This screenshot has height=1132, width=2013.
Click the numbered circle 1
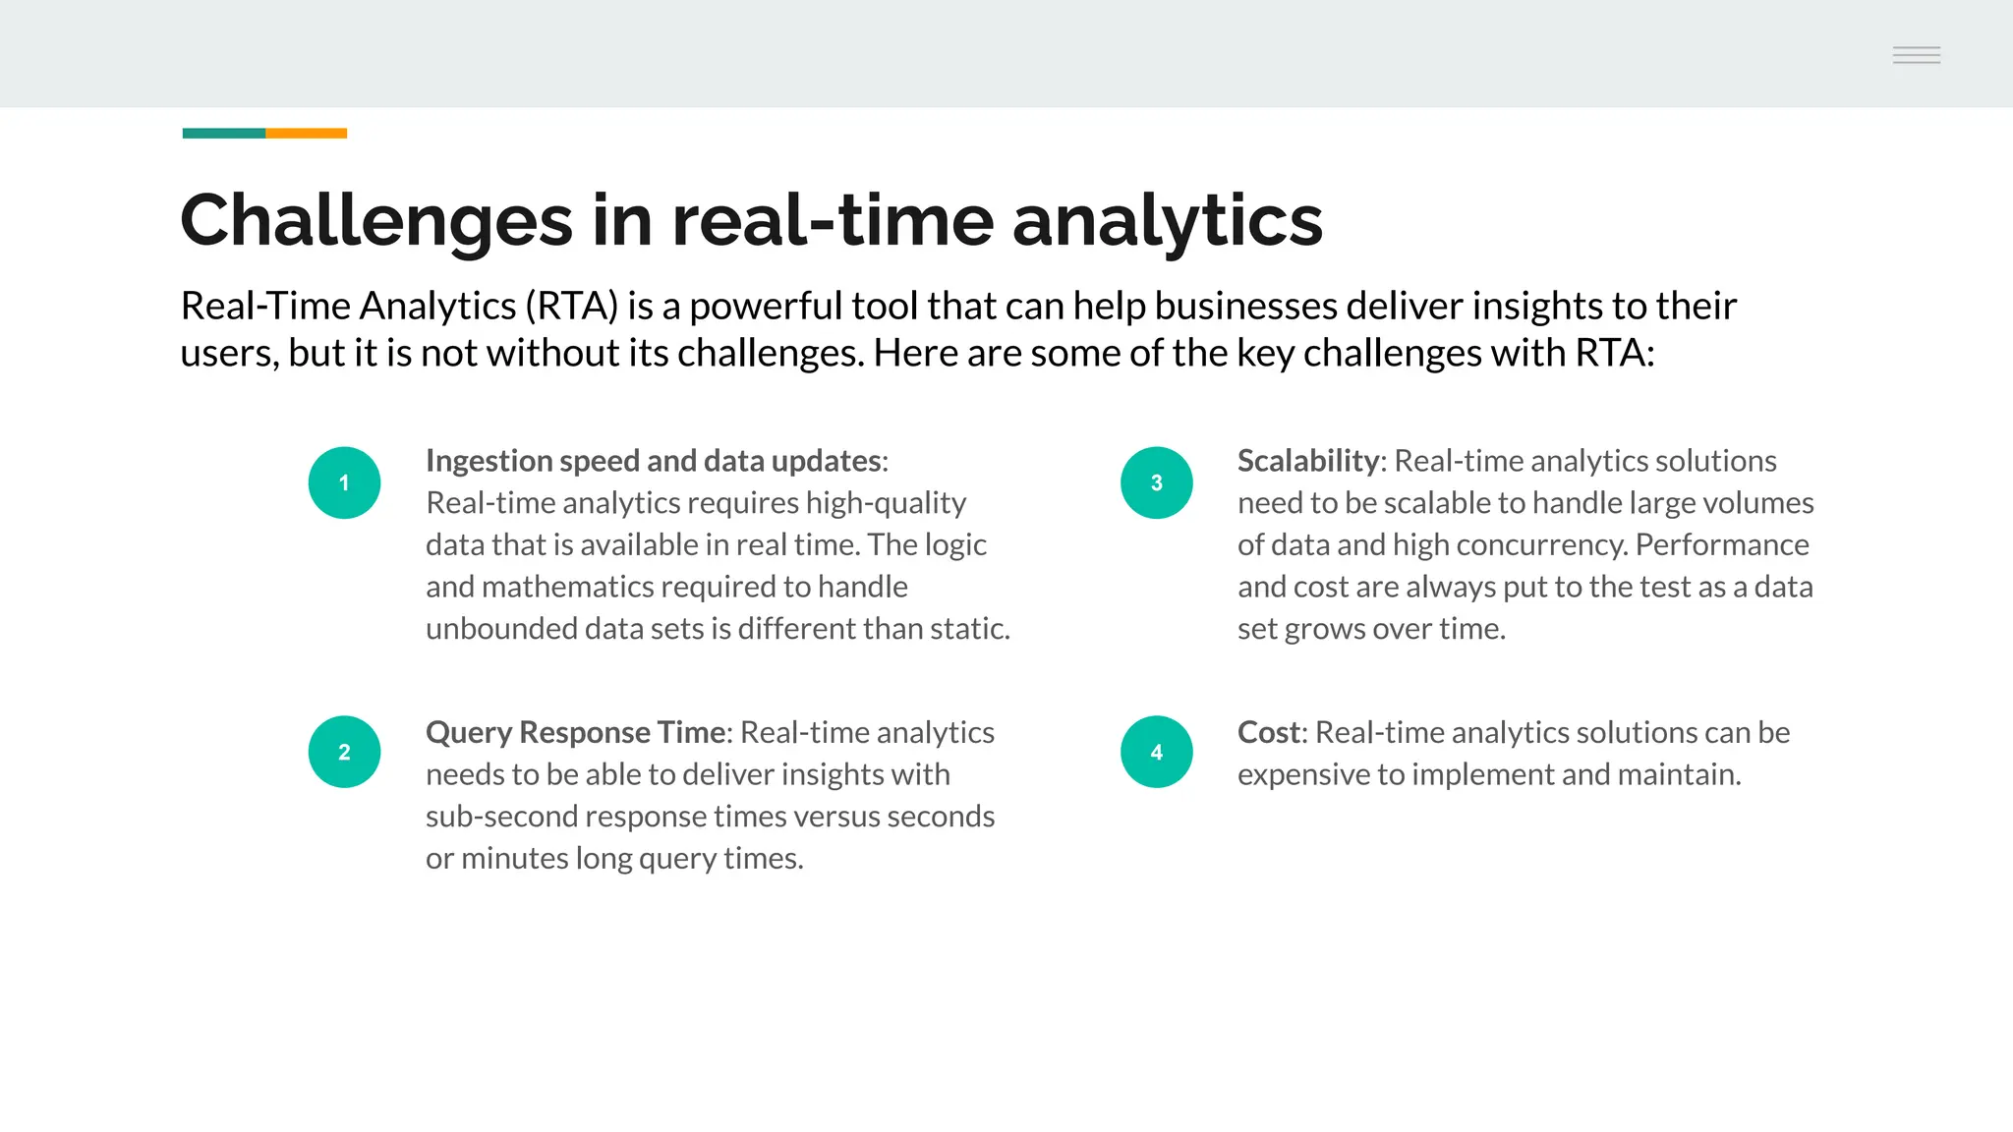(344, 482)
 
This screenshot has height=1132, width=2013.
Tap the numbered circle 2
(344, 752)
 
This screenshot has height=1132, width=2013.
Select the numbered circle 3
(1156, 482)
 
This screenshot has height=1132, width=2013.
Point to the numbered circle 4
(1156, 752)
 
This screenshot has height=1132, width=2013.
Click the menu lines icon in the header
(1916, 55)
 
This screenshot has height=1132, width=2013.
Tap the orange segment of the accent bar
(306, 133)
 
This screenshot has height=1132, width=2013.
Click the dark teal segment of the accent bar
(223, 133)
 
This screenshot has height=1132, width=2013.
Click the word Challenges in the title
(375, 221)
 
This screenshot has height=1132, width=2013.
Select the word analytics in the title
(1167, 221)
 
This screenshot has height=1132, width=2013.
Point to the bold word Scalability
(1308, 461)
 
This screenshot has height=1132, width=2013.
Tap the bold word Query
(468, 733)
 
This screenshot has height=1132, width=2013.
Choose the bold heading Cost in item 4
(1268, 732)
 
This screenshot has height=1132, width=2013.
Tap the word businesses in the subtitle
(1243, 307)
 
